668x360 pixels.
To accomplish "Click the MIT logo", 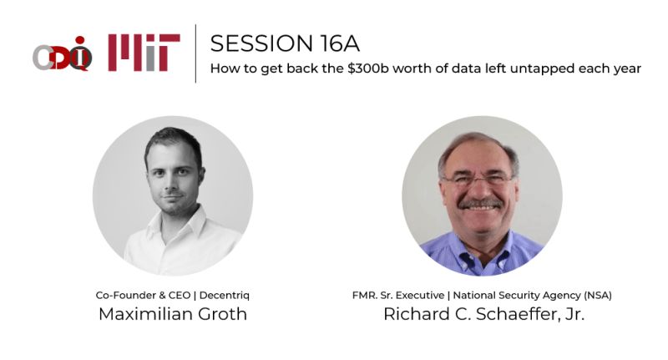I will pyautogui.click(x=144, y=53).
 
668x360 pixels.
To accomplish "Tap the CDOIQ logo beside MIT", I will pyautogui.click(x=63, y=54).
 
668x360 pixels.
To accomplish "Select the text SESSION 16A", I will pyautogui.click(x=285, y=43).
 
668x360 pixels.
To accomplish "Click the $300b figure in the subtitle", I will pyautogui.click(x=361, y=68).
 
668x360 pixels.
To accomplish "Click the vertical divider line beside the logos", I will pyautogui.click(x=196, y=53).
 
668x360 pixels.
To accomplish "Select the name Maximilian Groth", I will pyautogui.click(x=173, y=314).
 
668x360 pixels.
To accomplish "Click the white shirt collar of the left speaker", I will pyautogui.click(x=171, y=227).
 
